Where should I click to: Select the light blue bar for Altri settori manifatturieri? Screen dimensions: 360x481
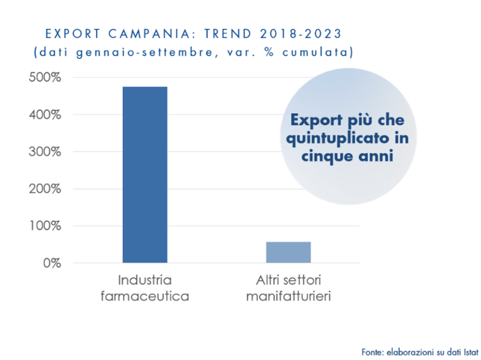point(288,252)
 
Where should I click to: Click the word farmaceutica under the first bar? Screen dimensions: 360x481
point(145,297)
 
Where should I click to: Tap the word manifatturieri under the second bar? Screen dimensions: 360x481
point(288,297)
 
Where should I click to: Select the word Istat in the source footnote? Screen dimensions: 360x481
point(470,352)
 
